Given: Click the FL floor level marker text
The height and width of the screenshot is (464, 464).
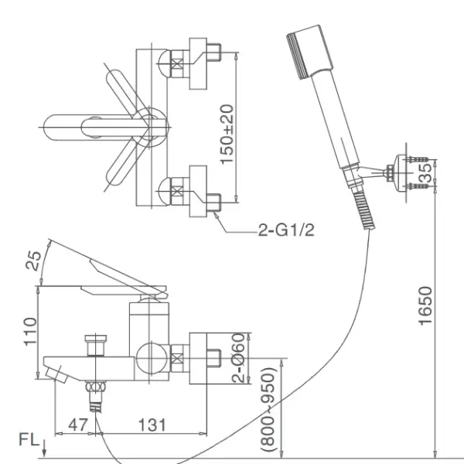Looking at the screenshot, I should (x=29, y=439).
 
